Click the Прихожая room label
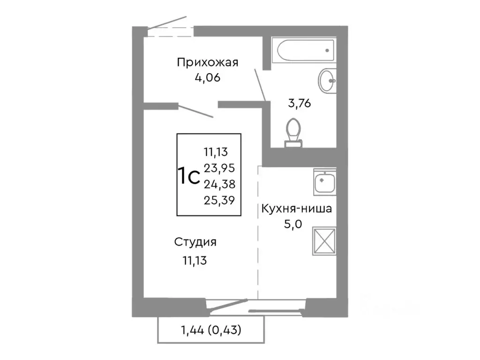pos(208,62)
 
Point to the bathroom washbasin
pos(327,81)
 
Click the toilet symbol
pos(294,131)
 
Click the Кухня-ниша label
pos(296,209)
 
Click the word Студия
pos(195,242)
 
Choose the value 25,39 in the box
pos(219,200)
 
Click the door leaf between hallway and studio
pos(196,112)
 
